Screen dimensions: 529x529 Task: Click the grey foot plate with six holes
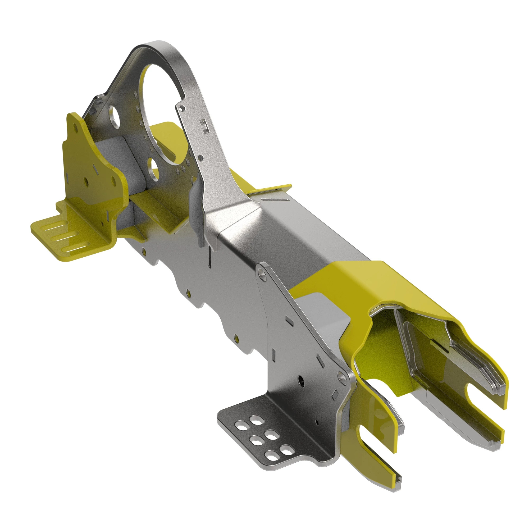pos(263,435)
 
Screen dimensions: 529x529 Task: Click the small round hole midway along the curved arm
pos(201,158)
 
